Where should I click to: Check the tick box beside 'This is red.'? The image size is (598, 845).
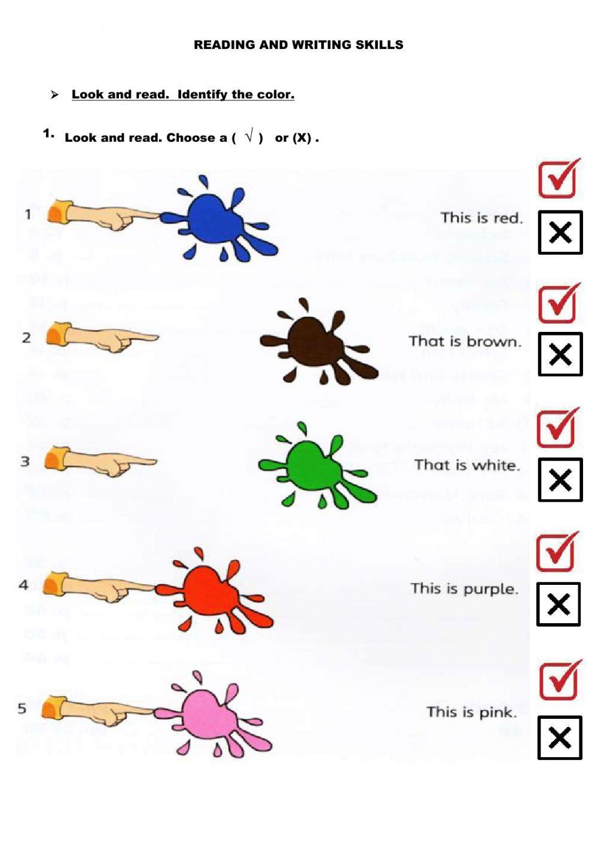coord(559,179)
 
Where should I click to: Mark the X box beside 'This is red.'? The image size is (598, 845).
coord(560,232)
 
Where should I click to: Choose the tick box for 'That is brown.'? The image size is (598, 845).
coord(559,303)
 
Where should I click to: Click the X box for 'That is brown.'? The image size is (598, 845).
coord(560,354)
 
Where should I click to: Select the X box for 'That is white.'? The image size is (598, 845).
coord(560,480)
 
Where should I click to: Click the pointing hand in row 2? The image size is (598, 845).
coord(102,337)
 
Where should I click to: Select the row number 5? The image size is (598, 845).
coord(22,709)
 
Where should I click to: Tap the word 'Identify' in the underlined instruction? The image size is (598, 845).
coord(203,94)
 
